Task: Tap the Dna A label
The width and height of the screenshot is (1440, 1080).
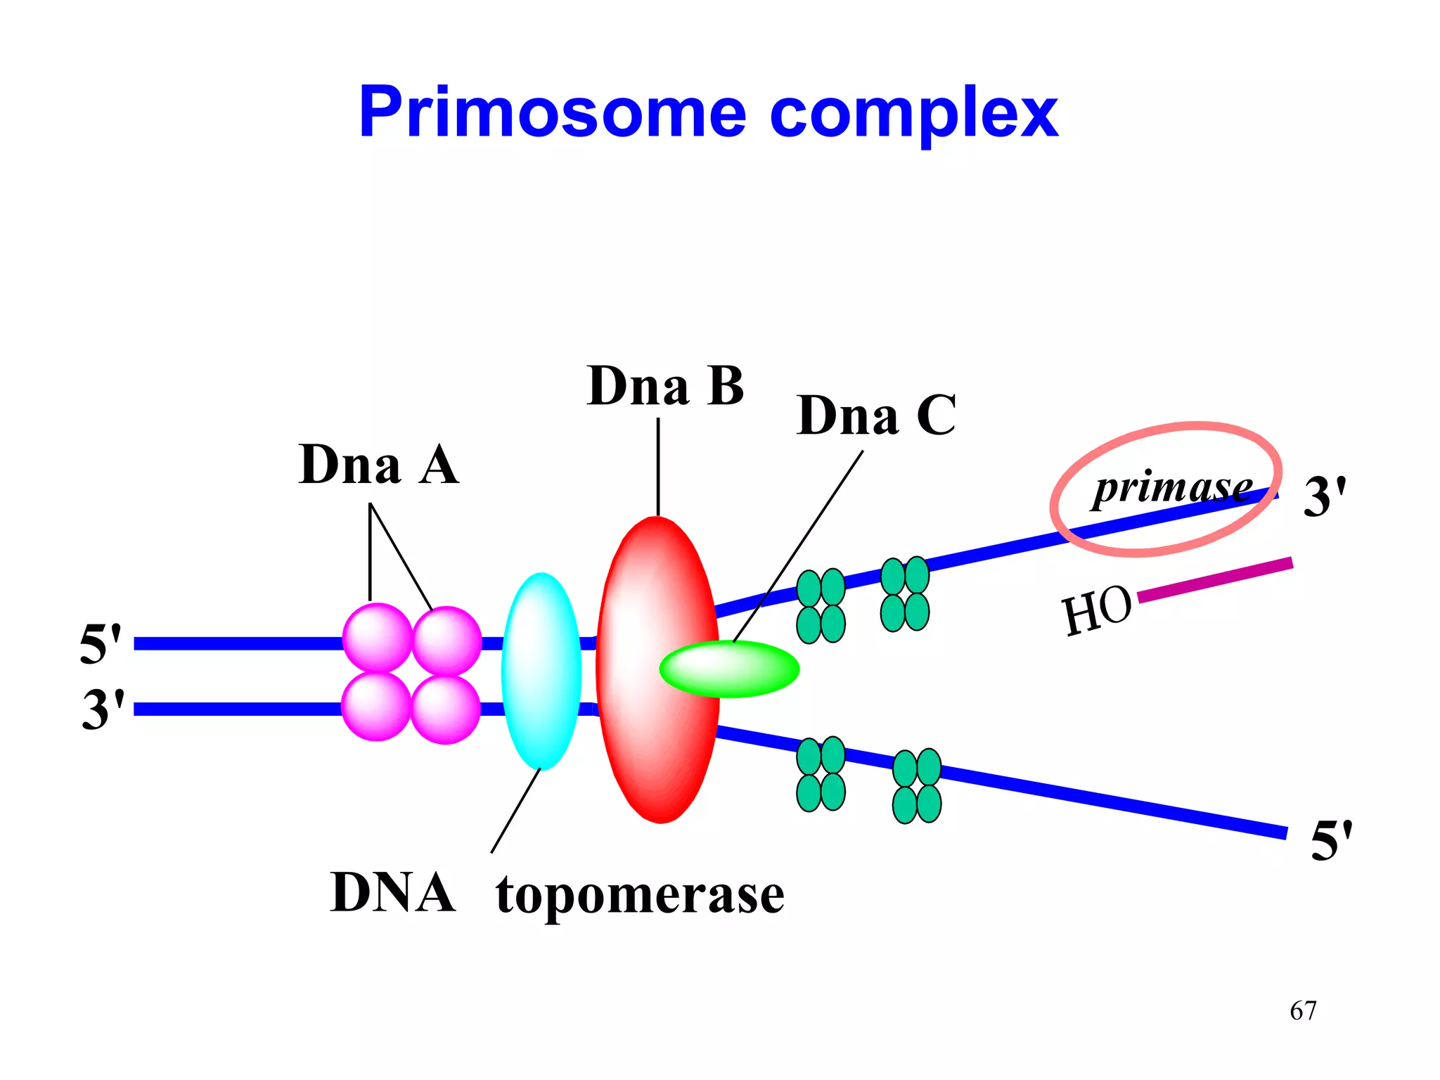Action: (378, 465)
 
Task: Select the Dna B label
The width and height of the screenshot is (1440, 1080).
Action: (665, 386)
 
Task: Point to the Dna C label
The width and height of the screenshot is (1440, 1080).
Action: (876, 416)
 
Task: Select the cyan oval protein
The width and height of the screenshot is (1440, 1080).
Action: (541, 671)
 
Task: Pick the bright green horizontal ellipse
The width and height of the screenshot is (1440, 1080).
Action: (729, 669)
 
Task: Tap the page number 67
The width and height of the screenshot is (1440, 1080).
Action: (1303, 1010)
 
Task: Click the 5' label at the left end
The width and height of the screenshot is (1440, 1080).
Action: (101, 643)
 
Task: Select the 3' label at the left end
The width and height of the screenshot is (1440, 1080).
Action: (103, 709)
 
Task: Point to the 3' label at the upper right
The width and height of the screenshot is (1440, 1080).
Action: (1325, 496)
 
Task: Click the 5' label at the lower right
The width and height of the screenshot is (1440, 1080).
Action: (1331, 840)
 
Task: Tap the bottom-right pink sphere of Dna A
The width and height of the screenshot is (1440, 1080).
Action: (446, 709)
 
